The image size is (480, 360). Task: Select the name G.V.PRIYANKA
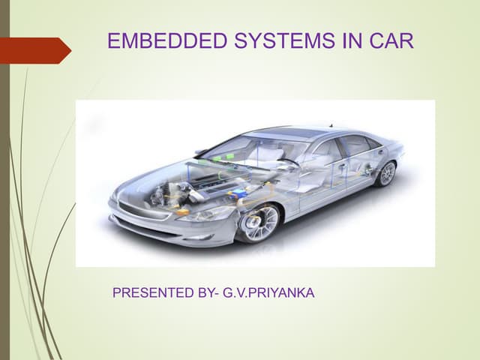268,292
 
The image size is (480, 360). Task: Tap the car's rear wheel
387,174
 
